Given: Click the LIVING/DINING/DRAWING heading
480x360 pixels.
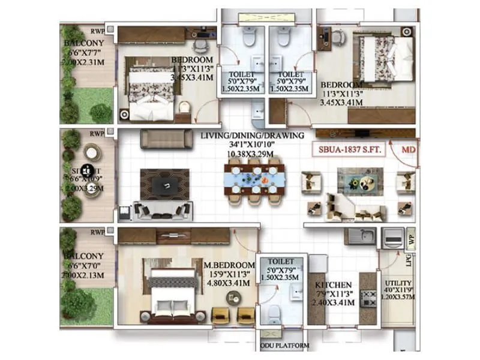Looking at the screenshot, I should pyautogui.click(x=253, y=136).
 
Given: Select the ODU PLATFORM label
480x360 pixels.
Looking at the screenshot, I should pyautogui.click(x=285, y=346).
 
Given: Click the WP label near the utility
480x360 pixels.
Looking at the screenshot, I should pyautogui.click(x=411, y=238).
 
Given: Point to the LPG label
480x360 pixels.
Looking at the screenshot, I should pyautogui.click(x=410, y=259).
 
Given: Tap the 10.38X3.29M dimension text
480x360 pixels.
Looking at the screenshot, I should pyautogui.click(x=253, y=154).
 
